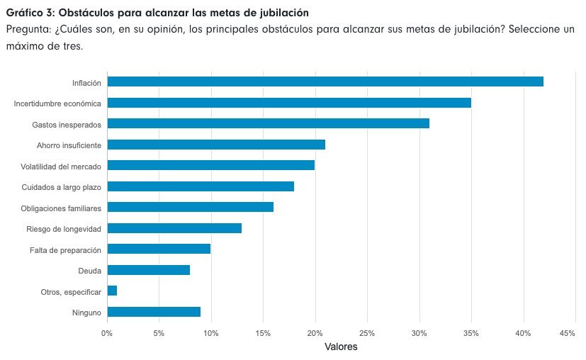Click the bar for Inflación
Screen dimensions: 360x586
[325, 81]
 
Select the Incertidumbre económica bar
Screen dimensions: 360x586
[288, 103]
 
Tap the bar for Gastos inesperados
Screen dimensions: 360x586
[268, 123]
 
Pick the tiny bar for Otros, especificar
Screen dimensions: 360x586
[112, 291]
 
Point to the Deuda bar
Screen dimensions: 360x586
[148, 270]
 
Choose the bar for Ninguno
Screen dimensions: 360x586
[154, 312]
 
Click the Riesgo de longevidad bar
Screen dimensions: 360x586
[174, 228]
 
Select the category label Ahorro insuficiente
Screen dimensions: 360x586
[69, 145]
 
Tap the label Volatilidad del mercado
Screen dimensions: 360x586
[61, 167]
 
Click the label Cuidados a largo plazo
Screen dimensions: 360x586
[62, 187]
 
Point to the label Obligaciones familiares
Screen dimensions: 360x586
[61, 208]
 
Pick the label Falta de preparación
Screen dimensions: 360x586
[65, 250]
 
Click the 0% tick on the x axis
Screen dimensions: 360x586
[107, 332]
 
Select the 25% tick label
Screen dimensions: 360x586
[367, 332]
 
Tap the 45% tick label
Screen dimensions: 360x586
[567, 332]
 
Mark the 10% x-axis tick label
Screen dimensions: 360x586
[211, 332]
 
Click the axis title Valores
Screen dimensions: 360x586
[341, 347]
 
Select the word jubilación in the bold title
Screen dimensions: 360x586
[283, 13]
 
